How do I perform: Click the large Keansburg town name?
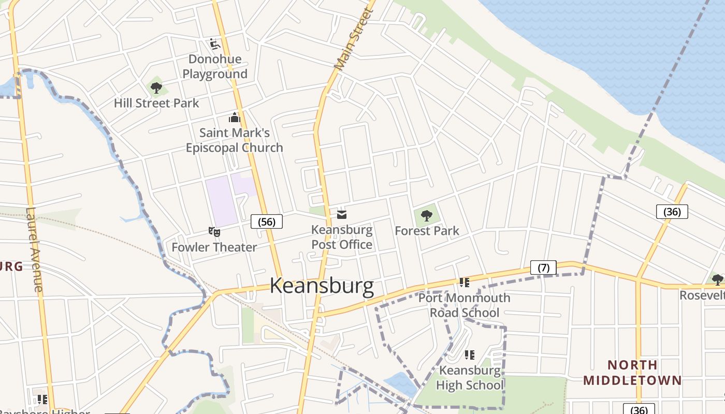click(x=322, y=286)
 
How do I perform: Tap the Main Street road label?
click(x=354, y=39)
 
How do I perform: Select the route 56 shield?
click(x=267, y=221)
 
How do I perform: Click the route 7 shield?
click(x=543, y=268)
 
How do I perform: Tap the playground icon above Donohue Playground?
click(x=215, y=43)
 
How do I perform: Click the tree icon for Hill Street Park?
click(x=156, y=87)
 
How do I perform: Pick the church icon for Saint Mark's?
click(x=235, y=118)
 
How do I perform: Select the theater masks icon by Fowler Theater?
click(x=214, y=232)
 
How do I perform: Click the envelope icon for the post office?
click(x=342, y=214)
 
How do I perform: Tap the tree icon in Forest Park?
click(x=427, y=215)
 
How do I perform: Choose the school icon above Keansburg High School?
click(x=470, y=355)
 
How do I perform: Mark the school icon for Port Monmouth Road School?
click(x=465, y=283)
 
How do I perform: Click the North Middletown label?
click(x=632, y=373)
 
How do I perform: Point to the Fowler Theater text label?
click(x=214, y=247)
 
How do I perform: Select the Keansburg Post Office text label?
click(x=342, y=237)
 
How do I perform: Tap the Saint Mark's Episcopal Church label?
click(x=235, y=140)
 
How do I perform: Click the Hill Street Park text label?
click(x=156, y=103)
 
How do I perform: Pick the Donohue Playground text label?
click(x=215, y=66)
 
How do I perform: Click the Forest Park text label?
click(x=427, y=231)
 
